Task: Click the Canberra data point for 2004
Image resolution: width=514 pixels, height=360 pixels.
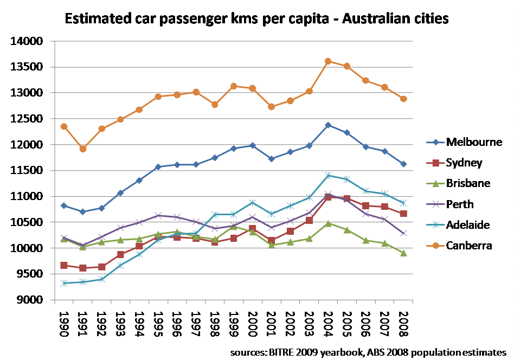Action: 328,61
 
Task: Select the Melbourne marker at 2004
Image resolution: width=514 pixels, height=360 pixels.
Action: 328,125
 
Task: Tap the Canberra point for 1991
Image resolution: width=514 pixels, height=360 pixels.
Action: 83,149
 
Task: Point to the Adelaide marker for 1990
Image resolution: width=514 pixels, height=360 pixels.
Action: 64,283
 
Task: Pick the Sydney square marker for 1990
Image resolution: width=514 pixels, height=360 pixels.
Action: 64,265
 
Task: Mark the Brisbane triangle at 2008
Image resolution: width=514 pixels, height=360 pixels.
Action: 403,253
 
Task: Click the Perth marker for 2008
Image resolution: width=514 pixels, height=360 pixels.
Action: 403,233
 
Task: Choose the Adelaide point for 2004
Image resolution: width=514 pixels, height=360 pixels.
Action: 328,175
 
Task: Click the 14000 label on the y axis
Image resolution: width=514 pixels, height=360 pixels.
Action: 27,41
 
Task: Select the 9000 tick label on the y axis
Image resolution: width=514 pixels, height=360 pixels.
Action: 30,300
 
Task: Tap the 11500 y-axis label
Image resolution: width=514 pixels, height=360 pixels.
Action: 27,171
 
